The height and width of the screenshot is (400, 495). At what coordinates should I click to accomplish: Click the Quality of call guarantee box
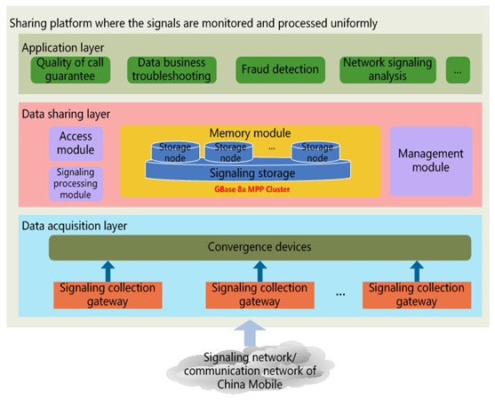pos(70,69)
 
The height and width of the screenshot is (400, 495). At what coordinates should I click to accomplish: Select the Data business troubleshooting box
pos(172,69)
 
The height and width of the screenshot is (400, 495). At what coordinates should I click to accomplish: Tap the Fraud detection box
pos(280,69)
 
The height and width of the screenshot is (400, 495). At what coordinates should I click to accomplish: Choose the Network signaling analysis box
pos(387,69)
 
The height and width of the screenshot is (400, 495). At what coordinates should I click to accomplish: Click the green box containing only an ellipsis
pos(458,69)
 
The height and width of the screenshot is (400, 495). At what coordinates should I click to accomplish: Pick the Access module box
pos(76,144)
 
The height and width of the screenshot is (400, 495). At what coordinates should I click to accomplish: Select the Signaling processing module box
pos(76,184)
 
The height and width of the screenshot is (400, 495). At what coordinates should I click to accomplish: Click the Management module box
pos(431,161)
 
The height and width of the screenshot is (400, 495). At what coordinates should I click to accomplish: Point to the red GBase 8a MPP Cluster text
pos(251,189)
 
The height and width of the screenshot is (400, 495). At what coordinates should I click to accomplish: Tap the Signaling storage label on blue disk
pos(252,173)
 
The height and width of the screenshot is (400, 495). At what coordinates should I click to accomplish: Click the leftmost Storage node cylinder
pos(175,152)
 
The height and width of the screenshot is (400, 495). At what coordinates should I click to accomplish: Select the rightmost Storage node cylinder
pos(315,152)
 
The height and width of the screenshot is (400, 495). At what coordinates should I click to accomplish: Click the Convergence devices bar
pos(259,247)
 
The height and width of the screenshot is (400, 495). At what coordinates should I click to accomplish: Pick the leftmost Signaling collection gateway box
pos(108,295)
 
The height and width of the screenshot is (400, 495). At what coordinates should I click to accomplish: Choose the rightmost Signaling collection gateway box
pos(417,295)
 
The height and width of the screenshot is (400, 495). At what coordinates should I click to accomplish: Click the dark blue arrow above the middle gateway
pos(259,271)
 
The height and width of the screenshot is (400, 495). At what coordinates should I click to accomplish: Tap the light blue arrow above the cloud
pos(250,333)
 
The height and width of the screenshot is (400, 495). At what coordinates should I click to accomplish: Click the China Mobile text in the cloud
pos(250,384)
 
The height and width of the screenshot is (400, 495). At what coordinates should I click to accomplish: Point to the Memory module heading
pos(250,133)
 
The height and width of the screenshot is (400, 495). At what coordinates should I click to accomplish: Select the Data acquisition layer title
pos(75,226)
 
